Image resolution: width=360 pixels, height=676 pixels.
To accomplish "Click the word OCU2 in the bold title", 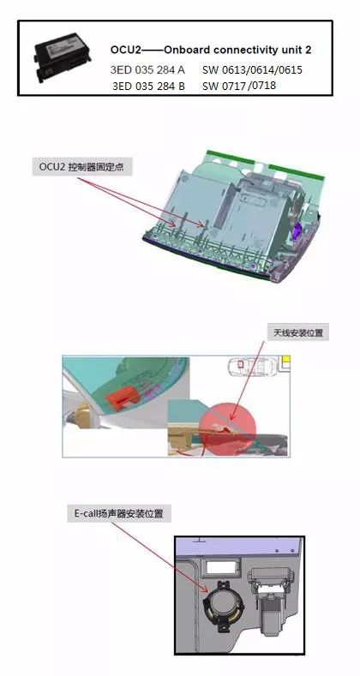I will click(x=126, y=51).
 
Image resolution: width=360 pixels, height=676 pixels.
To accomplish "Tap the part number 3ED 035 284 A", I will click(x=147, y=69).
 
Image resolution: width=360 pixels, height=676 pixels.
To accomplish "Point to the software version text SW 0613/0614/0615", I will click(x=252, y=69).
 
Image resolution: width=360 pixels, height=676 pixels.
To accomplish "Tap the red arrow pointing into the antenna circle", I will click(x=249, y=377).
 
